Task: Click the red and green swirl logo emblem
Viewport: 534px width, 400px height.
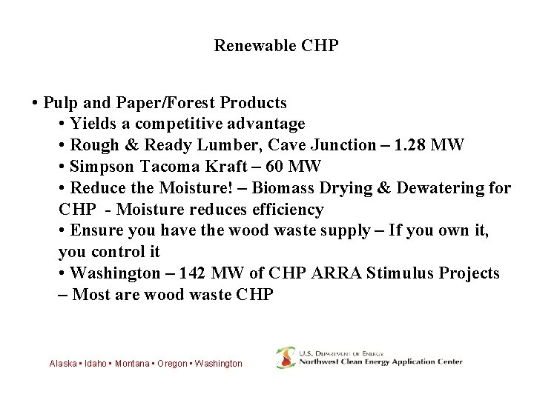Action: point(285,358)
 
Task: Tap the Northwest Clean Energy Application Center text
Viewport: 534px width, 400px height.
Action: point(380,362)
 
